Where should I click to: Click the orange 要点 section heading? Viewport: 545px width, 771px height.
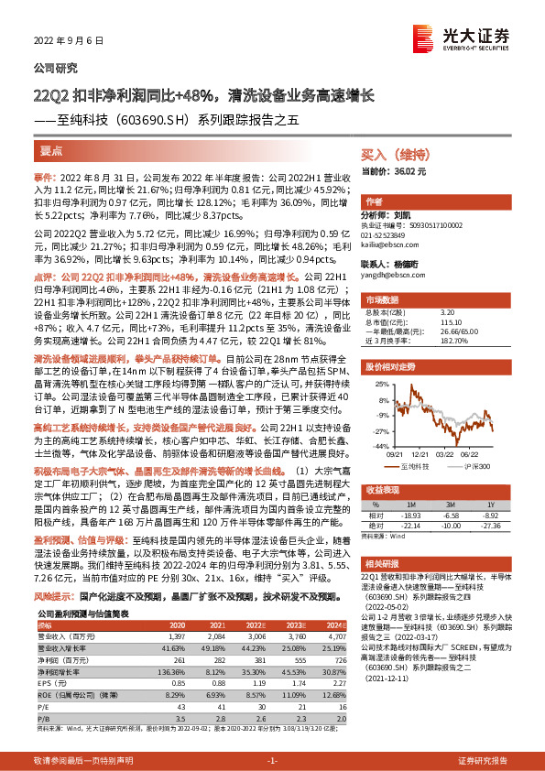[x=52, y=149]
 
